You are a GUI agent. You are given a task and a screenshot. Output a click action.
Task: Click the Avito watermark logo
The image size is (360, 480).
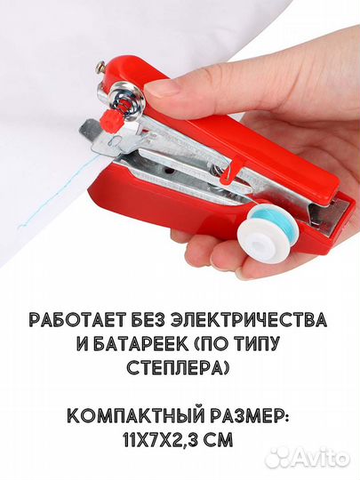tap(307, 457)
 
